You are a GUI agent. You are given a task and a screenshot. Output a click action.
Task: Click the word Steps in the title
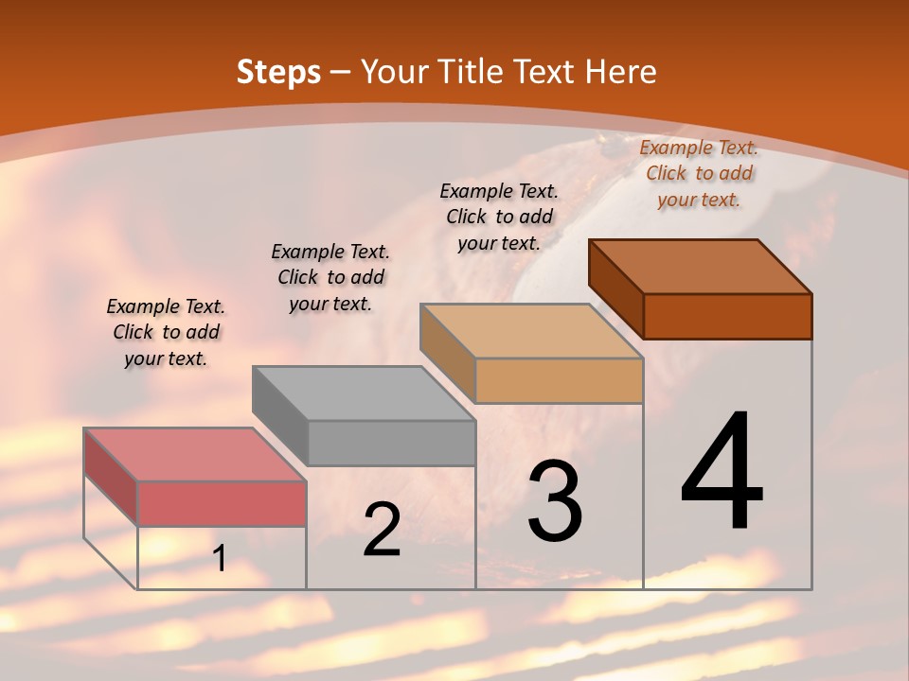click(x=277, y=72)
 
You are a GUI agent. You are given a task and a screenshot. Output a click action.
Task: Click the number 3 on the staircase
click(x=554, y=501)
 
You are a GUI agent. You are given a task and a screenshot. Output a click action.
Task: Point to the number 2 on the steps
click(x=382, y=530)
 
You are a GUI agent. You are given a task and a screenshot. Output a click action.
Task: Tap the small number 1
click(x=220, y=559)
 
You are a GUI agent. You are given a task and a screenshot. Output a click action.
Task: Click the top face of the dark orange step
click(x=700, y=266)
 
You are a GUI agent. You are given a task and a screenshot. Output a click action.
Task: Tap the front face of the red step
click(x=222, y=503)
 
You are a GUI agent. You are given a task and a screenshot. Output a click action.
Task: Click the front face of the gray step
click(x=391, y=443)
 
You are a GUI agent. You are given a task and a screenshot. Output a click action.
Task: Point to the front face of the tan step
click(x=559, y=381)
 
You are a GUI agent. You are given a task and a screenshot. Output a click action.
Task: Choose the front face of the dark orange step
click(x=727, y=316)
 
